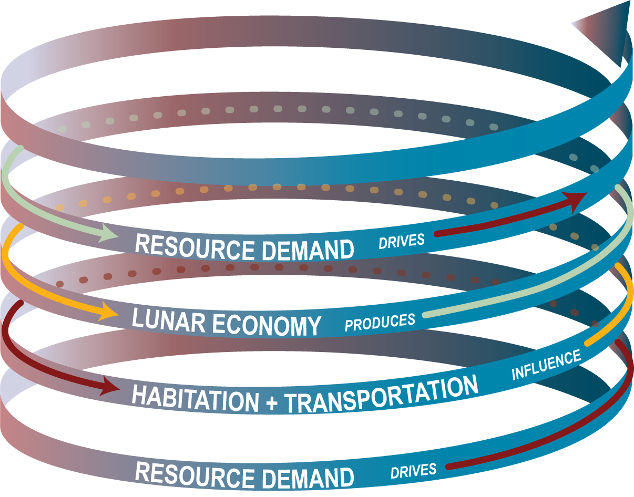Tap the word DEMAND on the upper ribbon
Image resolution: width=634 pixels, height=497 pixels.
tap(308, 250)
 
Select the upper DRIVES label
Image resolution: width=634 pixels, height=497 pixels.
tap(402, 241)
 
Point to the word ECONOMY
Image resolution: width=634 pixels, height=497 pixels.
tap(267, 325)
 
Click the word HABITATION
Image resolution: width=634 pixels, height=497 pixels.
tap(195, 398)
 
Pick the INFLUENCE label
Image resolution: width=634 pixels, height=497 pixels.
tap(546, 365)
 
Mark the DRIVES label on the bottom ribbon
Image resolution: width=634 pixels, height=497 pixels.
tap(413, 471)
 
